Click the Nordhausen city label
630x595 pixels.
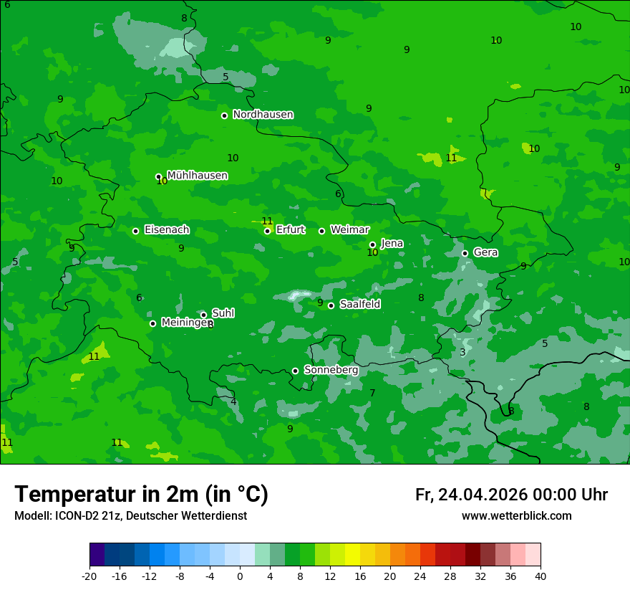pyautogui.click(x=263, y=115)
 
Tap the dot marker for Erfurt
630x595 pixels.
pyautogui.click(x=267, y=231)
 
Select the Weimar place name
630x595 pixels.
pyautogui.click(x=349, y=230)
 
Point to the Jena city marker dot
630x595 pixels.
pyautogui.click(x=372, y=244)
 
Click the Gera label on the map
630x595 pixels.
pyautogui.click(x=485, y=252)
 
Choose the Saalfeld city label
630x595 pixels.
pyautogui.click(x=359, y=305)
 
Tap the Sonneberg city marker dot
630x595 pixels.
pyautogui.click(x=295, y=371)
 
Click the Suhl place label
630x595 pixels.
pyautogui.click(x=223, y=313)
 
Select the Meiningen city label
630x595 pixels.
pyautogui.click(x=185, y=323)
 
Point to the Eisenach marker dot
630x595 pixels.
pyautogui.click(x=135, y=231)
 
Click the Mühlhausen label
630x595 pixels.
pyautogui.click(x=197, y=176)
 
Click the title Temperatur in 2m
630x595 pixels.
pyautogui.click(x=141, y=495)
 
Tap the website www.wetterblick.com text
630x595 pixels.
pyautogui.click(x=516, y=516)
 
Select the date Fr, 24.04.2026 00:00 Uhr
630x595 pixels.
pyautogui.click(x=511, y=495)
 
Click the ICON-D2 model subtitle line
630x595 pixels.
pyautogui.click(x=130, y=516)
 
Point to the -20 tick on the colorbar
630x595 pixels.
pyautogui.click(x=89, y=576)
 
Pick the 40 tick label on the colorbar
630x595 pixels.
pyautogui.click(x=541, y=576)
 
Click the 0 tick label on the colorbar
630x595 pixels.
pyautogui.click(x=240, y=576)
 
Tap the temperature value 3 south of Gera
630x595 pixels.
pyautogui.click(x=462, y=352)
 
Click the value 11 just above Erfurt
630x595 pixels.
pyautogui.click(x=267, y=221)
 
